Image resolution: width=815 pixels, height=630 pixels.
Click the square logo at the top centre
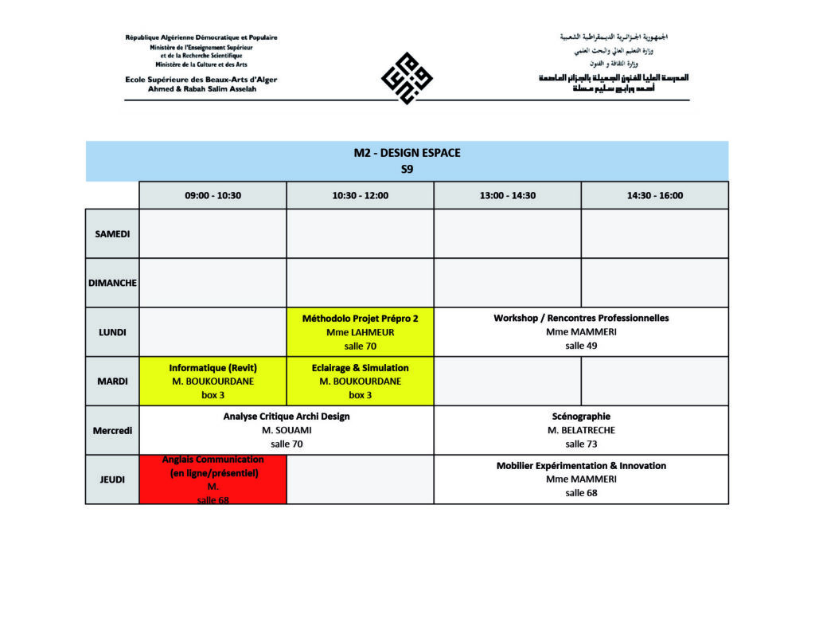407,77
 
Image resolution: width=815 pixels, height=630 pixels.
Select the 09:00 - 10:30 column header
213,195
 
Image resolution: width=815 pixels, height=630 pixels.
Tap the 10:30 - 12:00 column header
360,195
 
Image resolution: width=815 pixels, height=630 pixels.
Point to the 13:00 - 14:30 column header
507,195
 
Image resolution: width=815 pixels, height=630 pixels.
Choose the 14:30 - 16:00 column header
654,195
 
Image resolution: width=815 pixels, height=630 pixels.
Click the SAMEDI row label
112,233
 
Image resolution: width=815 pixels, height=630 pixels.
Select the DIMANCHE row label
112,283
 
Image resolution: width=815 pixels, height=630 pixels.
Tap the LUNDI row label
112,332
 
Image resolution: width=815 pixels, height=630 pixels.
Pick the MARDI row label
112,381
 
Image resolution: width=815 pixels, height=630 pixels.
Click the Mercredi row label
112,430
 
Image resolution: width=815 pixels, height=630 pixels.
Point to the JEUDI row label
112,479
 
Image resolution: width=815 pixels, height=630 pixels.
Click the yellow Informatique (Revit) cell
213,381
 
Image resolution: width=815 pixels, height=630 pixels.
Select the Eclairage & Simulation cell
360,381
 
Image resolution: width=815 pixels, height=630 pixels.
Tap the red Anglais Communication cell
213,479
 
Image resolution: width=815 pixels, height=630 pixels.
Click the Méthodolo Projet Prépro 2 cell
360,331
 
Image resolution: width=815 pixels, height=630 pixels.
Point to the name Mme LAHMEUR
360,332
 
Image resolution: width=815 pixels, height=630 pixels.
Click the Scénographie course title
581,416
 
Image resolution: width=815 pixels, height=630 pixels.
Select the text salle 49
581,346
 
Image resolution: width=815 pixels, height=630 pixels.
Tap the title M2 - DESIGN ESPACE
407,153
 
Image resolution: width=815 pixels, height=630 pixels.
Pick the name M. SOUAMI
287,430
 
